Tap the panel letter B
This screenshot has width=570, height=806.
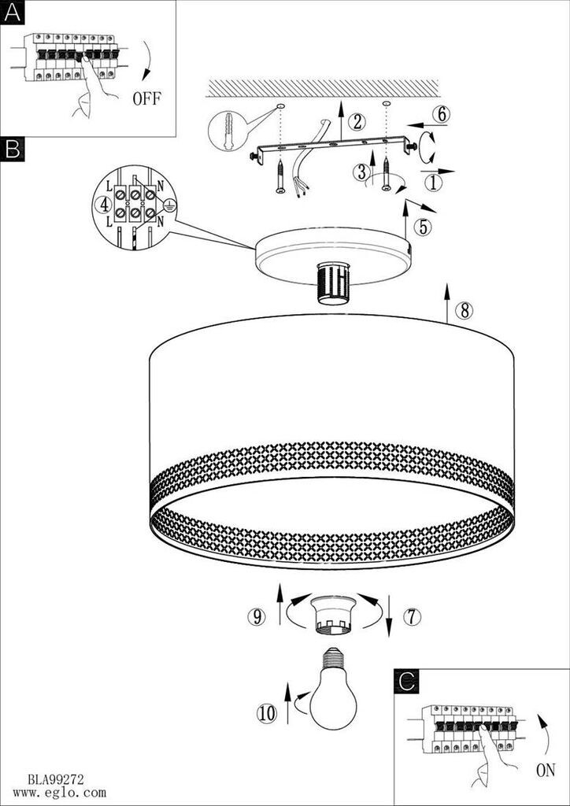coord(12,150)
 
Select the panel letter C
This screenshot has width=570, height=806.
coord(406,681)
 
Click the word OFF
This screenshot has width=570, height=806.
coord(146,98)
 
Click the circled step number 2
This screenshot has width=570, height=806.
coord(357,122)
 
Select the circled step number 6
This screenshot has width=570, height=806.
coord(441,115)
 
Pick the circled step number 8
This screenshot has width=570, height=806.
coord(465,311)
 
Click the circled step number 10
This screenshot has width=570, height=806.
coord(267,714)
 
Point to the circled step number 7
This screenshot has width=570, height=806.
coord(412,616)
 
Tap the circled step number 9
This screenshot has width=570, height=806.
coord(255,616)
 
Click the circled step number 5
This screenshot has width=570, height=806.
coord(423,227)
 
